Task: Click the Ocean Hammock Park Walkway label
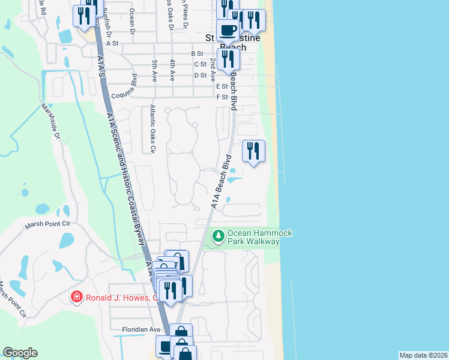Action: (x=253, y=236)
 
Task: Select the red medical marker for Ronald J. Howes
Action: (x=76, y=297)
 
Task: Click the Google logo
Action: (x=20, y=353)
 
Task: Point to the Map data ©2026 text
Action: (x=424, y=355)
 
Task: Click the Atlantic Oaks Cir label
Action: (x=152, y=129)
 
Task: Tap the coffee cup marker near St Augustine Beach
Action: (x=228, y=30)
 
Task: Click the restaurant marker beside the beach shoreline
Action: (x=253, y=151)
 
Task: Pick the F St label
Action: (x=222, y=97)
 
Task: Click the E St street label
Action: (x=221, y=86)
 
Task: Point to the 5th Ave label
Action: (x=154, y=71)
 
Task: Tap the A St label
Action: (x=112, y=43)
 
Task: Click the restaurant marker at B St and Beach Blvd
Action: (x=228, y=59)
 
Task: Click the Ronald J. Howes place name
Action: (x=121, y=297)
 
